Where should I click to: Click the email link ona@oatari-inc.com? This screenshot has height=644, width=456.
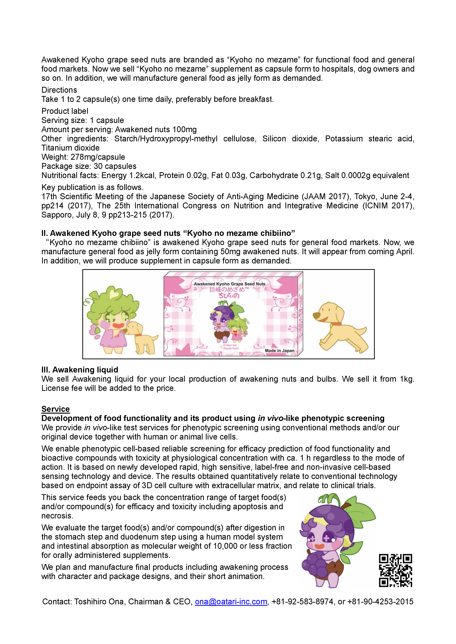pyautogui.click(x=231, y=602)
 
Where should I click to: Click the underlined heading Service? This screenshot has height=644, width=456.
pyautogui.click(x=55, y=409)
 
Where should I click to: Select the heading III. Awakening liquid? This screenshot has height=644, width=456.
pyautogui.click(x=80, y=370)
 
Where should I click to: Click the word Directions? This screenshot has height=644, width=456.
pyautogui.click(x=59, y=90)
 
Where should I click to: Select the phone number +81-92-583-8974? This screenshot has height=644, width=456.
pyautogui.click(x=303, y=602)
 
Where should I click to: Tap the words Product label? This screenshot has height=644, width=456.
pyautogui.click(x=65, y=111)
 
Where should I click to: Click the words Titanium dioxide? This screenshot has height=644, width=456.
pyautogui.click(x=70, y=148)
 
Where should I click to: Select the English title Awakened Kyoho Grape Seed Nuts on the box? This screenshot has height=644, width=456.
pyautogui.click(x=229, y=284)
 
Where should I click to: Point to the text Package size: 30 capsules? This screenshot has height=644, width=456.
pyautogui.click(x=89, y=166)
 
